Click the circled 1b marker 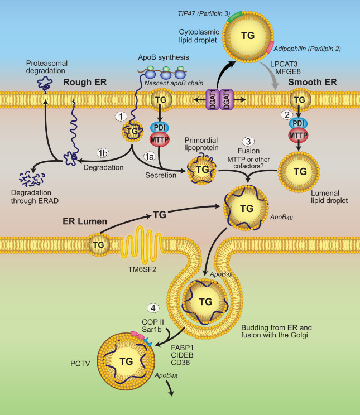pyautogui.click(x=103, y=153)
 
